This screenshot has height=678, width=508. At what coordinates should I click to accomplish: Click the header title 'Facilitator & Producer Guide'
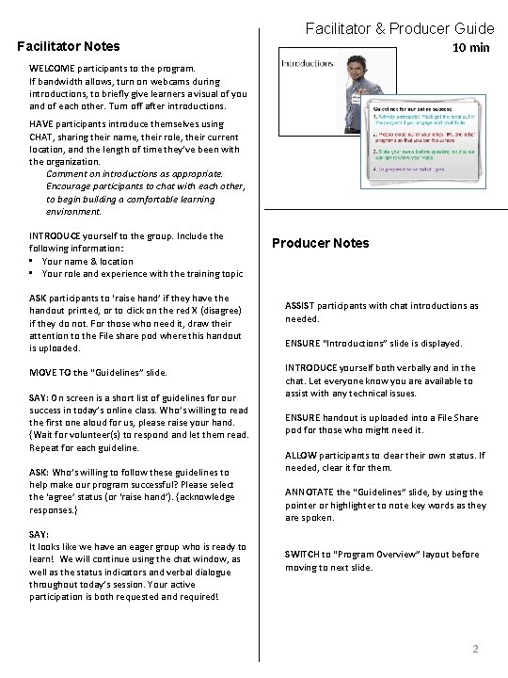398,29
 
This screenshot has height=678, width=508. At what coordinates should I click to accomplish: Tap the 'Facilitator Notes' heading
69,46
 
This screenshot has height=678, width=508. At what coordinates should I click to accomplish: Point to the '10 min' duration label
470,47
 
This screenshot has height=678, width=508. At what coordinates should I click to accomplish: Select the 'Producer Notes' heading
320,243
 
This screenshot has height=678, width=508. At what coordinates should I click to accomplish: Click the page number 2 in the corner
476,649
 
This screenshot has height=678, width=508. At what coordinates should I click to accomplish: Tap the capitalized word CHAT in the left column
42,137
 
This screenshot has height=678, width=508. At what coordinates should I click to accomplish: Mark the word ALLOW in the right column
301,455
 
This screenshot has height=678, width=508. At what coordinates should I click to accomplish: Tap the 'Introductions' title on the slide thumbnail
308,63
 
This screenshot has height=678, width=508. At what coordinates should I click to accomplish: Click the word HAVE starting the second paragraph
42,124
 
